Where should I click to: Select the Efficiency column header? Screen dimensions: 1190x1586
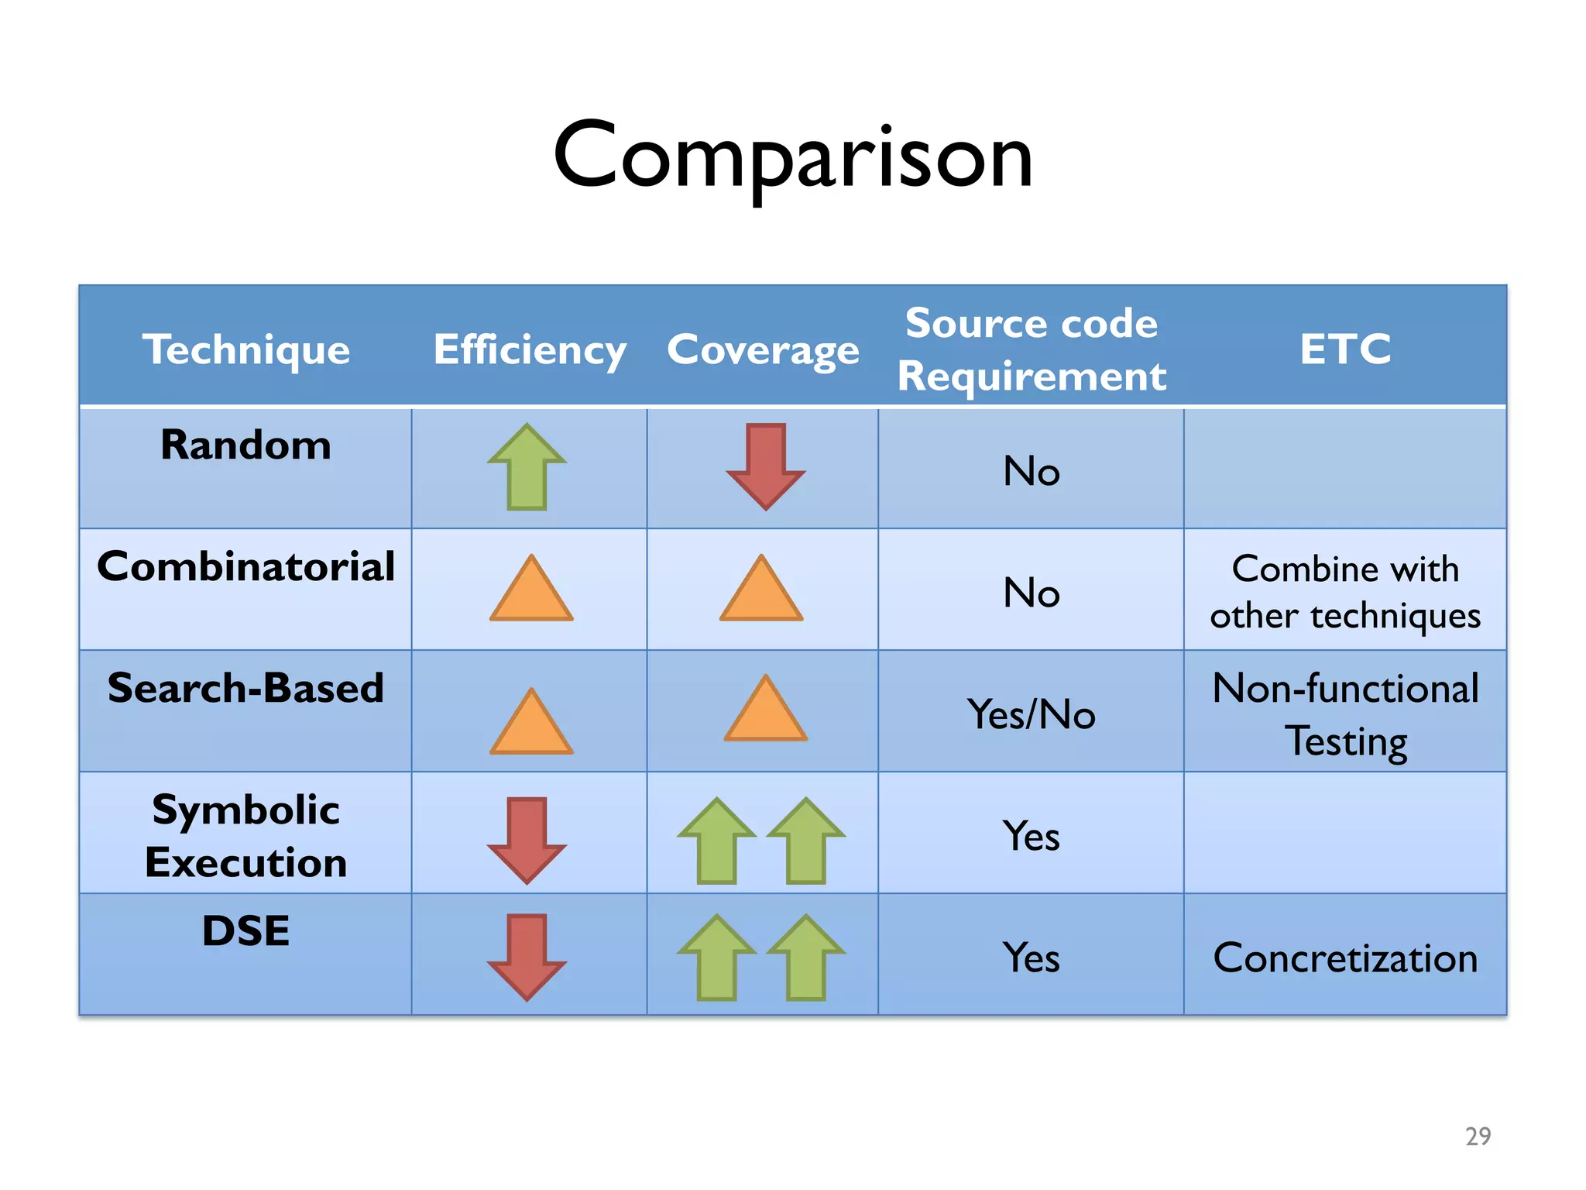[x=530, y=349]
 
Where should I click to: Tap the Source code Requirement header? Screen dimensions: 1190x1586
[x=1032, y=349]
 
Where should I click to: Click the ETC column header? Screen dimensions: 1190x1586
[x=1345, y=349]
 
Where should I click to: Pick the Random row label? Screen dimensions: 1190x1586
[x=245, y=445]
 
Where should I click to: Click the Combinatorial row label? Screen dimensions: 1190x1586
[x=245, y=566]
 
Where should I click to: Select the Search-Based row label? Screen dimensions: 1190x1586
[x=245, y=688]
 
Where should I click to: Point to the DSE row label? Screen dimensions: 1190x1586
[x=245, y=930]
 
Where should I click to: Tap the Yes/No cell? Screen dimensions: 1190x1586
[x=1032, y=714]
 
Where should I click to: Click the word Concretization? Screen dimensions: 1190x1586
[x=1345, y=958]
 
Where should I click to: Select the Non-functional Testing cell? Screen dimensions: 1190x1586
[x=1345, y=714]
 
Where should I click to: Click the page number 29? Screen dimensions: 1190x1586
[x=1478, y=1136]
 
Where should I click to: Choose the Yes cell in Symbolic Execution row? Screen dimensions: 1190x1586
[x=1032, y=837]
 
